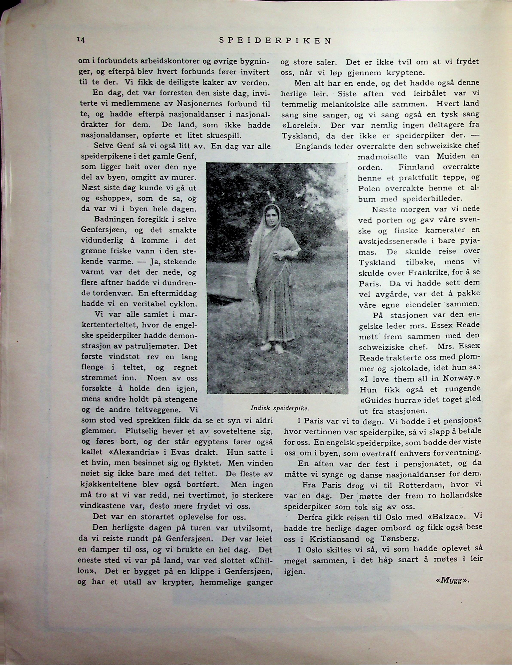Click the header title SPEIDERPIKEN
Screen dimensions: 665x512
275,41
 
